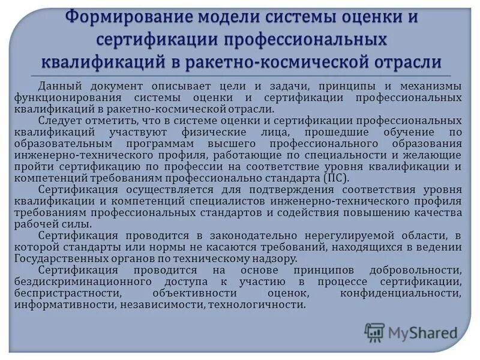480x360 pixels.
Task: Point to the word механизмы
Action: (431, 86)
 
